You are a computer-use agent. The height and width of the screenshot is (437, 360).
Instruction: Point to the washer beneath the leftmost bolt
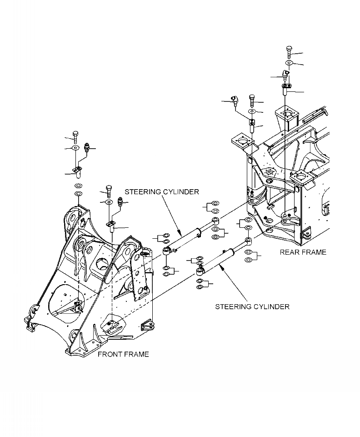click(75, 148)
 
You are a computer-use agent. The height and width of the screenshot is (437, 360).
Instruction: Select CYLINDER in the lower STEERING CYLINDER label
click(272, 306)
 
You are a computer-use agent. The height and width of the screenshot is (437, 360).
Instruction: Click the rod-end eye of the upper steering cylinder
click(217, 221)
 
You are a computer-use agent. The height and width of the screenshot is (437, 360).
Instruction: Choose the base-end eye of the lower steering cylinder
click(199, 272)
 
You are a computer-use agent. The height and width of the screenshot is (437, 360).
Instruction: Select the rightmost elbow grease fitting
click(285, 74)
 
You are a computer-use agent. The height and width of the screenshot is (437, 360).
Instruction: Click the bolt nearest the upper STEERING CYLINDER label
click(109, 189)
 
